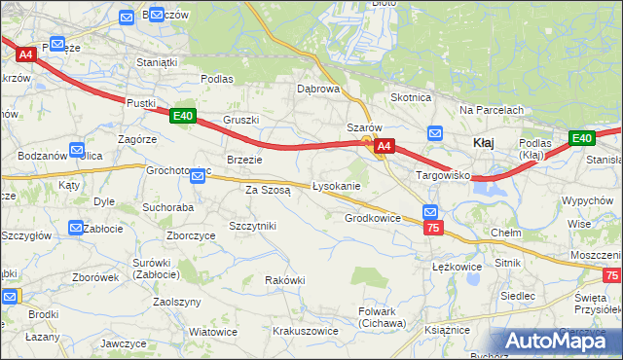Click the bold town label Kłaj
(x=483, y=143)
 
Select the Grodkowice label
(x=373, y=219)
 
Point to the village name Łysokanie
(x=337, y=186)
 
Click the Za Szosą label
(x=268, y=191)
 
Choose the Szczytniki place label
(x=253, y=226)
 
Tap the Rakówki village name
(x=285, y=280)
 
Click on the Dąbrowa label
(x=318, y=89)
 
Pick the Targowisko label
(x=443, y=176)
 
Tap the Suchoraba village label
(x=168, y=207)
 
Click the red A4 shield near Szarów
(x=385, y=147)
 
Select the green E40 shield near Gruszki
(x=182, y=116)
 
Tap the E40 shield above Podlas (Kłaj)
(x=581, y=138)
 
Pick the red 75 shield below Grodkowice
(x=434, y=227)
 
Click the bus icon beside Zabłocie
(x=76, y=229)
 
